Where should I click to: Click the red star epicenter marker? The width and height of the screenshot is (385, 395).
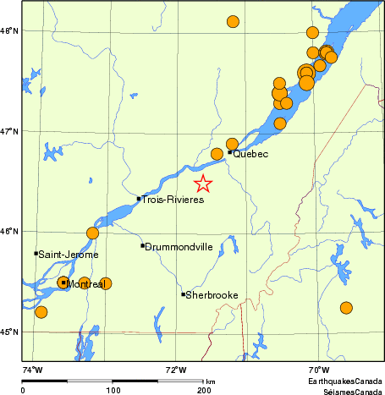pos(203,184)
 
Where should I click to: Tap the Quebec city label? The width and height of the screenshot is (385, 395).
pos(250,154)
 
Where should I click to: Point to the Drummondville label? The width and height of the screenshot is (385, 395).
pos(179,247)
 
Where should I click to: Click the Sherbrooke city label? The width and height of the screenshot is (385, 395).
pos(212,295)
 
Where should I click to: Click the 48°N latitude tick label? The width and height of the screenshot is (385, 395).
pos(8,31)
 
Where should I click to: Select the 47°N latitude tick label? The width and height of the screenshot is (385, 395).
pos(8,131)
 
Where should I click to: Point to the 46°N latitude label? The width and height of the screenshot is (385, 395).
pos(8,231)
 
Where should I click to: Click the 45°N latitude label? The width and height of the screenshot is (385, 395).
pos(8,332)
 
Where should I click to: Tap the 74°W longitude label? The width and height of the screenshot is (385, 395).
pos(32,369)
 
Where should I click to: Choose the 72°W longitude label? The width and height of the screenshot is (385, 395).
pos(176,369)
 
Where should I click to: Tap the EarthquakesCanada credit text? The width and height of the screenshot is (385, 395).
pos(345,382)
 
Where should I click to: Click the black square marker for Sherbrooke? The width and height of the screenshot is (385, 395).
pos(183,294)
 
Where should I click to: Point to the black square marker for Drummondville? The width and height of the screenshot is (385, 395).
pos(142,245)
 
